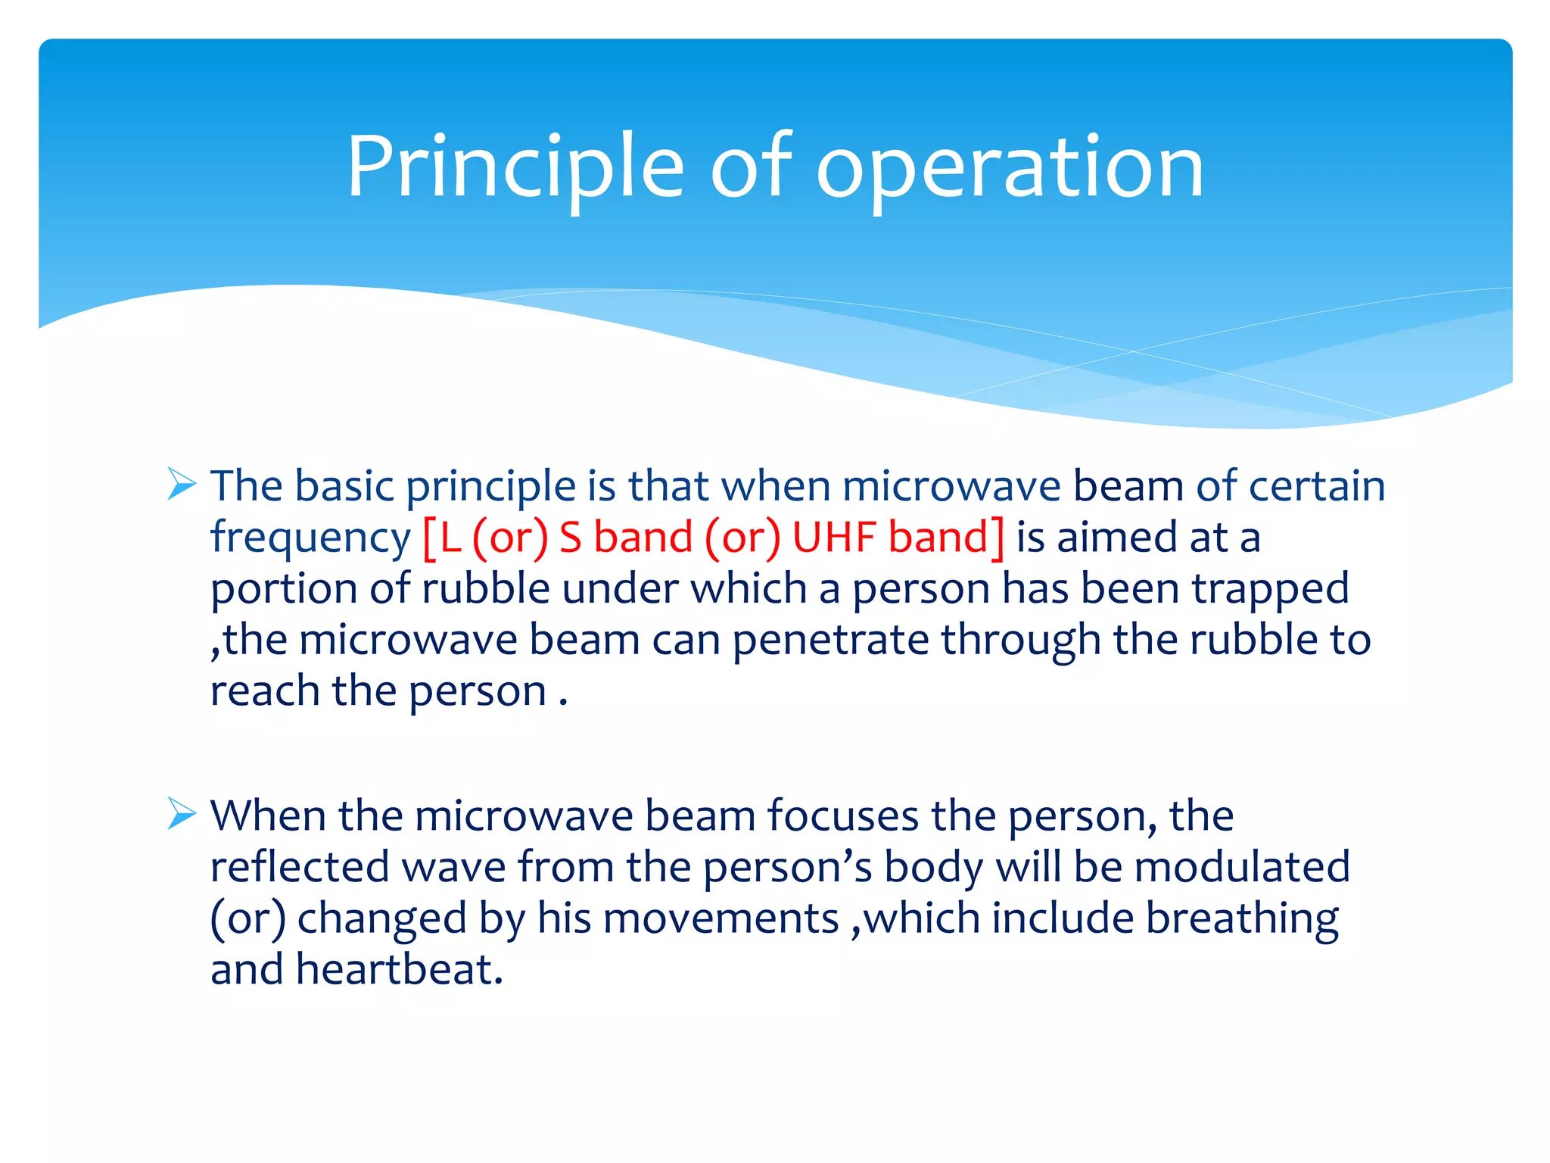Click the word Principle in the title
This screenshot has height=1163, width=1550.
tap(515, 168)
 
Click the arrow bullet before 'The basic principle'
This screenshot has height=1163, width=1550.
tap(182, 484)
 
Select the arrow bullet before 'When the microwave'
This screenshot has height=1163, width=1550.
tap(182, 814)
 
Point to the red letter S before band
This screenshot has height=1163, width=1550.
tap(571, 537)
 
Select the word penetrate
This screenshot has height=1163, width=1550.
tap(830, 641)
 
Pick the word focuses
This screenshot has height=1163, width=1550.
tap(842, 816)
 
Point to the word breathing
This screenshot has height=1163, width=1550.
tap(1242, 920)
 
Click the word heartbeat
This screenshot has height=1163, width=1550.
tap(399, 970)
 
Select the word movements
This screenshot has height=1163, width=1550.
tap(721, 918)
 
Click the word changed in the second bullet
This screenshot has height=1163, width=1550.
tap(381, 920)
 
